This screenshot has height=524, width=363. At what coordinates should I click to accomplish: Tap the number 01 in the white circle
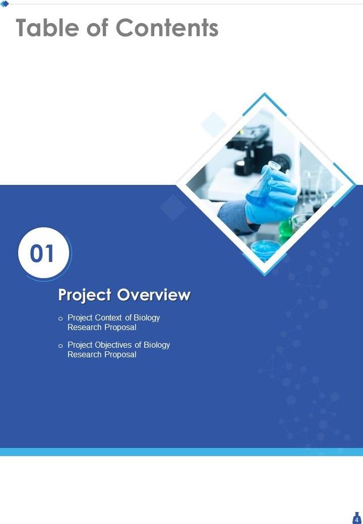click(43, 253)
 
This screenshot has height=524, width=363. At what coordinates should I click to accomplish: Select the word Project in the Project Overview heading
click(85, 295)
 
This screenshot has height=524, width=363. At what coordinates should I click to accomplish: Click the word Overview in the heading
click(154, 295)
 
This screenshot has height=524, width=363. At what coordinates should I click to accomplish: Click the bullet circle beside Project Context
click(61, 319)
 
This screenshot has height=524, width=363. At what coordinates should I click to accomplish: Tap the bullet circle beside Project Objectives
click(61, 346)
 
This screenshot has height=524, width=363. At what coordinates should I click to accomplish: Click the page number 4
click(356, 519)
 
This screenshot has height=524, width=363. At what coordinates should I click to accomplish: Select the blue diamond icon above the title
click(5, 3)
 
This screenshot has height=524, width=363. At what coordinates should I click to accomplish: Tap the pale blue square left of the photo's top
click(214, 124)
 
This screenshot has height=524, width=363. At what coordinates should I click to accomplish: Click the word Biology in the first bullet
click(147, 318)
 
